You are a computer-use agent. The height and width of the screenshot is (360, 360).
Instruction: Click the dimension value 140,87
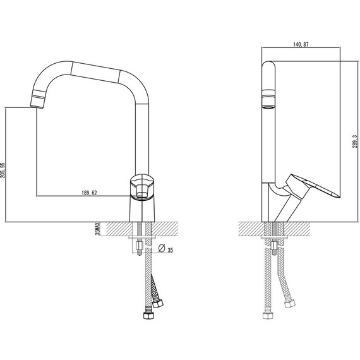[x=301, y=45]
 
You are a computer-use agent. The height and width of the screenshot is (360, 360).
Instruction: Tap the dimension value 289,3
[x=355, y=141]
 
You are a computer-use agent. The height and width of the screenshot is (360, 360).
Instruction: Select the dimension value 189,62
[x=89, y=193]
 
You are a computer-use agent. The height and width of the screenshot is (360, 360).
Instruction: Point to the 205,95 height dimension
[x=3, y=171]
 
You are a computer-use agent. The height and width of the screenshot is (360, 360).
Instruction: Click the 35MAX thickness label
[x=97, y=229]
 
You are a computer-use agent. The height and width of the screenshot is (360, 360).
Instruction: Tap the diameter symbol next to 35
[x=162, y=248]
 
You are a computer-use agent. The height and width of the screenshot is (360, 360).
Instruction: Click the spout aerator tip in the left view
[x=37, y=99]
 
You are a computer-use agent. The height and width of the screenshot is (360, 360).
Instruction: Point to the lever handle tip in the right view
[x=339, y=196]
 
